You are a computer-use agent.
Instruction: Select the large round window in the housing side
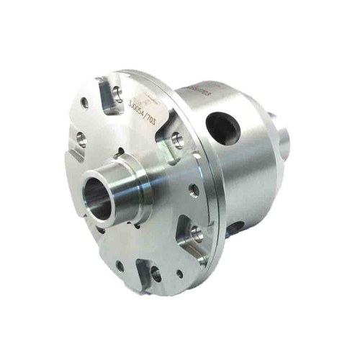[221, 127]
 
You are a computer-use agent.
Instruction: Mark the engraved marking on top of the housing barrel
[197, 92]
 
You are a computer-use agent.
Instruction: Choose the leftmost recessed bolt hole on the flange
[81, 139]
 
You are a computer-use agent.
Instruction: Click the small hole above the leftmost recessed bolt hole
[84, 104]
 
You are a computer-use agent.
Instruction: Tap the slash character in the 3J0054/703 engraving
[147, 118]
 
